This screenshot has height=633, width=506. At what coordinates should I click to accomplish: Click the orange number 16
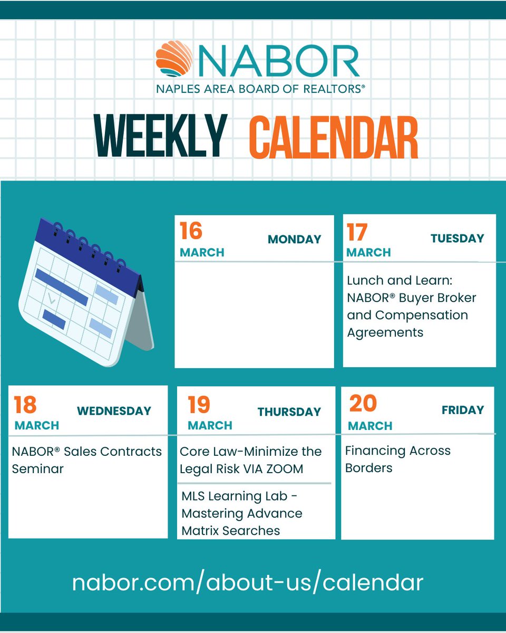(191, 231)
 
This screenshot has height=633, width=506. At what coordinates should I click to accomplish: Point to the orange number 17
(357, 232)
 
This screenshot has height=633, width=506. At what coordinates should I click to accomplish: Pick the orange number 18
(25, 405)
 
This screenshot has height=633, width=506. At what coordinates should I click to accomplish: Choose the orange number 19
(199, 405)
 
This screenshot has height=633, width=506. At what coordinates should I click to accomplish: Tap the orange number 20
(363, 404)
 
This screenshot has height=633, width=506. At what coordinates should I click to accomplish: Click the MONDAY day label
(294, 239)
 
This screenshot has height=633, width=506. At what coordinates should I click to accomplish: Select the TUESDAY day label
(457, 238)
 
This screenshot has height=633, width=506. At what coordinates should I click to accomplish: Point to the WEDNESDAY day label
(114, 411)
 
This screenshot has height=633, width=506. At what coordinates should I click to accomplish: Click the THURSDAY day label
(289, 412)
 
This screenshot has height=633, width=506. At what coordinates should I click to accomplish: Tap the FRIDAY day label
(463, 410)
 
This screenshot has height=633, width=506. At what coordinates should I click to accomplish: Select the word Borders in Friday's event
(369, 467)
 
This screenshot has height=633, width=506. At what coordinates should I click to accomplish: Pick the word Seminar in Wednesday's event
(37, 468)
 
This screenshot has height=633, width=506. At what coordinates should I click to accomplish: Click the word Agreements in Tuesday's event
(385, 332)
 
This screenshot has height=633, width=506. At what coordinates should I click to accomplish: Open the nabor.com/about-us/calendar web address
(248, 582)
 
